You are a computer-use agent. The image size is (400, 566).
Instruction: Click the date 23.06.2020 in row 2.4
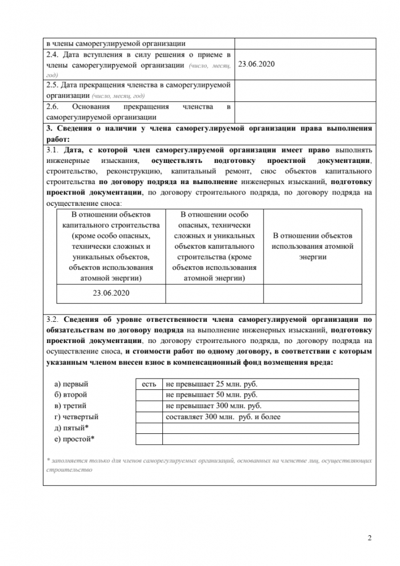(x=257, y=65)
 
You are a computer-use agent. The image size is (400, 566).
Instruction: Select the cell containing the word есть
(x=149, y=384)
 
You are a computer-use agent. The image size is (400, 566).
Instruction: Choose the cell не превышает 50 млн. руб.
(x=211, y=395)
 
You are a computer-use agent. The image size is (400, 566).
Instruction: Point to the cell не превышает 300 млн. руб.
(x=214, y=406)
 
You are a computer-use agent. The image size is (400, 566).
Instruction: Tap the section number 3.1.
(x=52, y=150)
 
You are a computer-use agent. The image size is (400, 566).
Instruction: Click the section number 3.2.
(x=52, y=319)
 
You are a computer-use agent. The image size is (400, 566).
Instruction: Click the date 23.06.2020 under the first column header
(x=111, y=293)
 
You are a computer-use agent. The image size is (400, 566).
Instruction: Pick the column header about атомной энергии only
(x=312, y=246)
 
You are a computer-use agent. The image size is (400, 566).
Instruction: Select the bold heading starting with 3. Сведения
(x=209, y=133)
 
